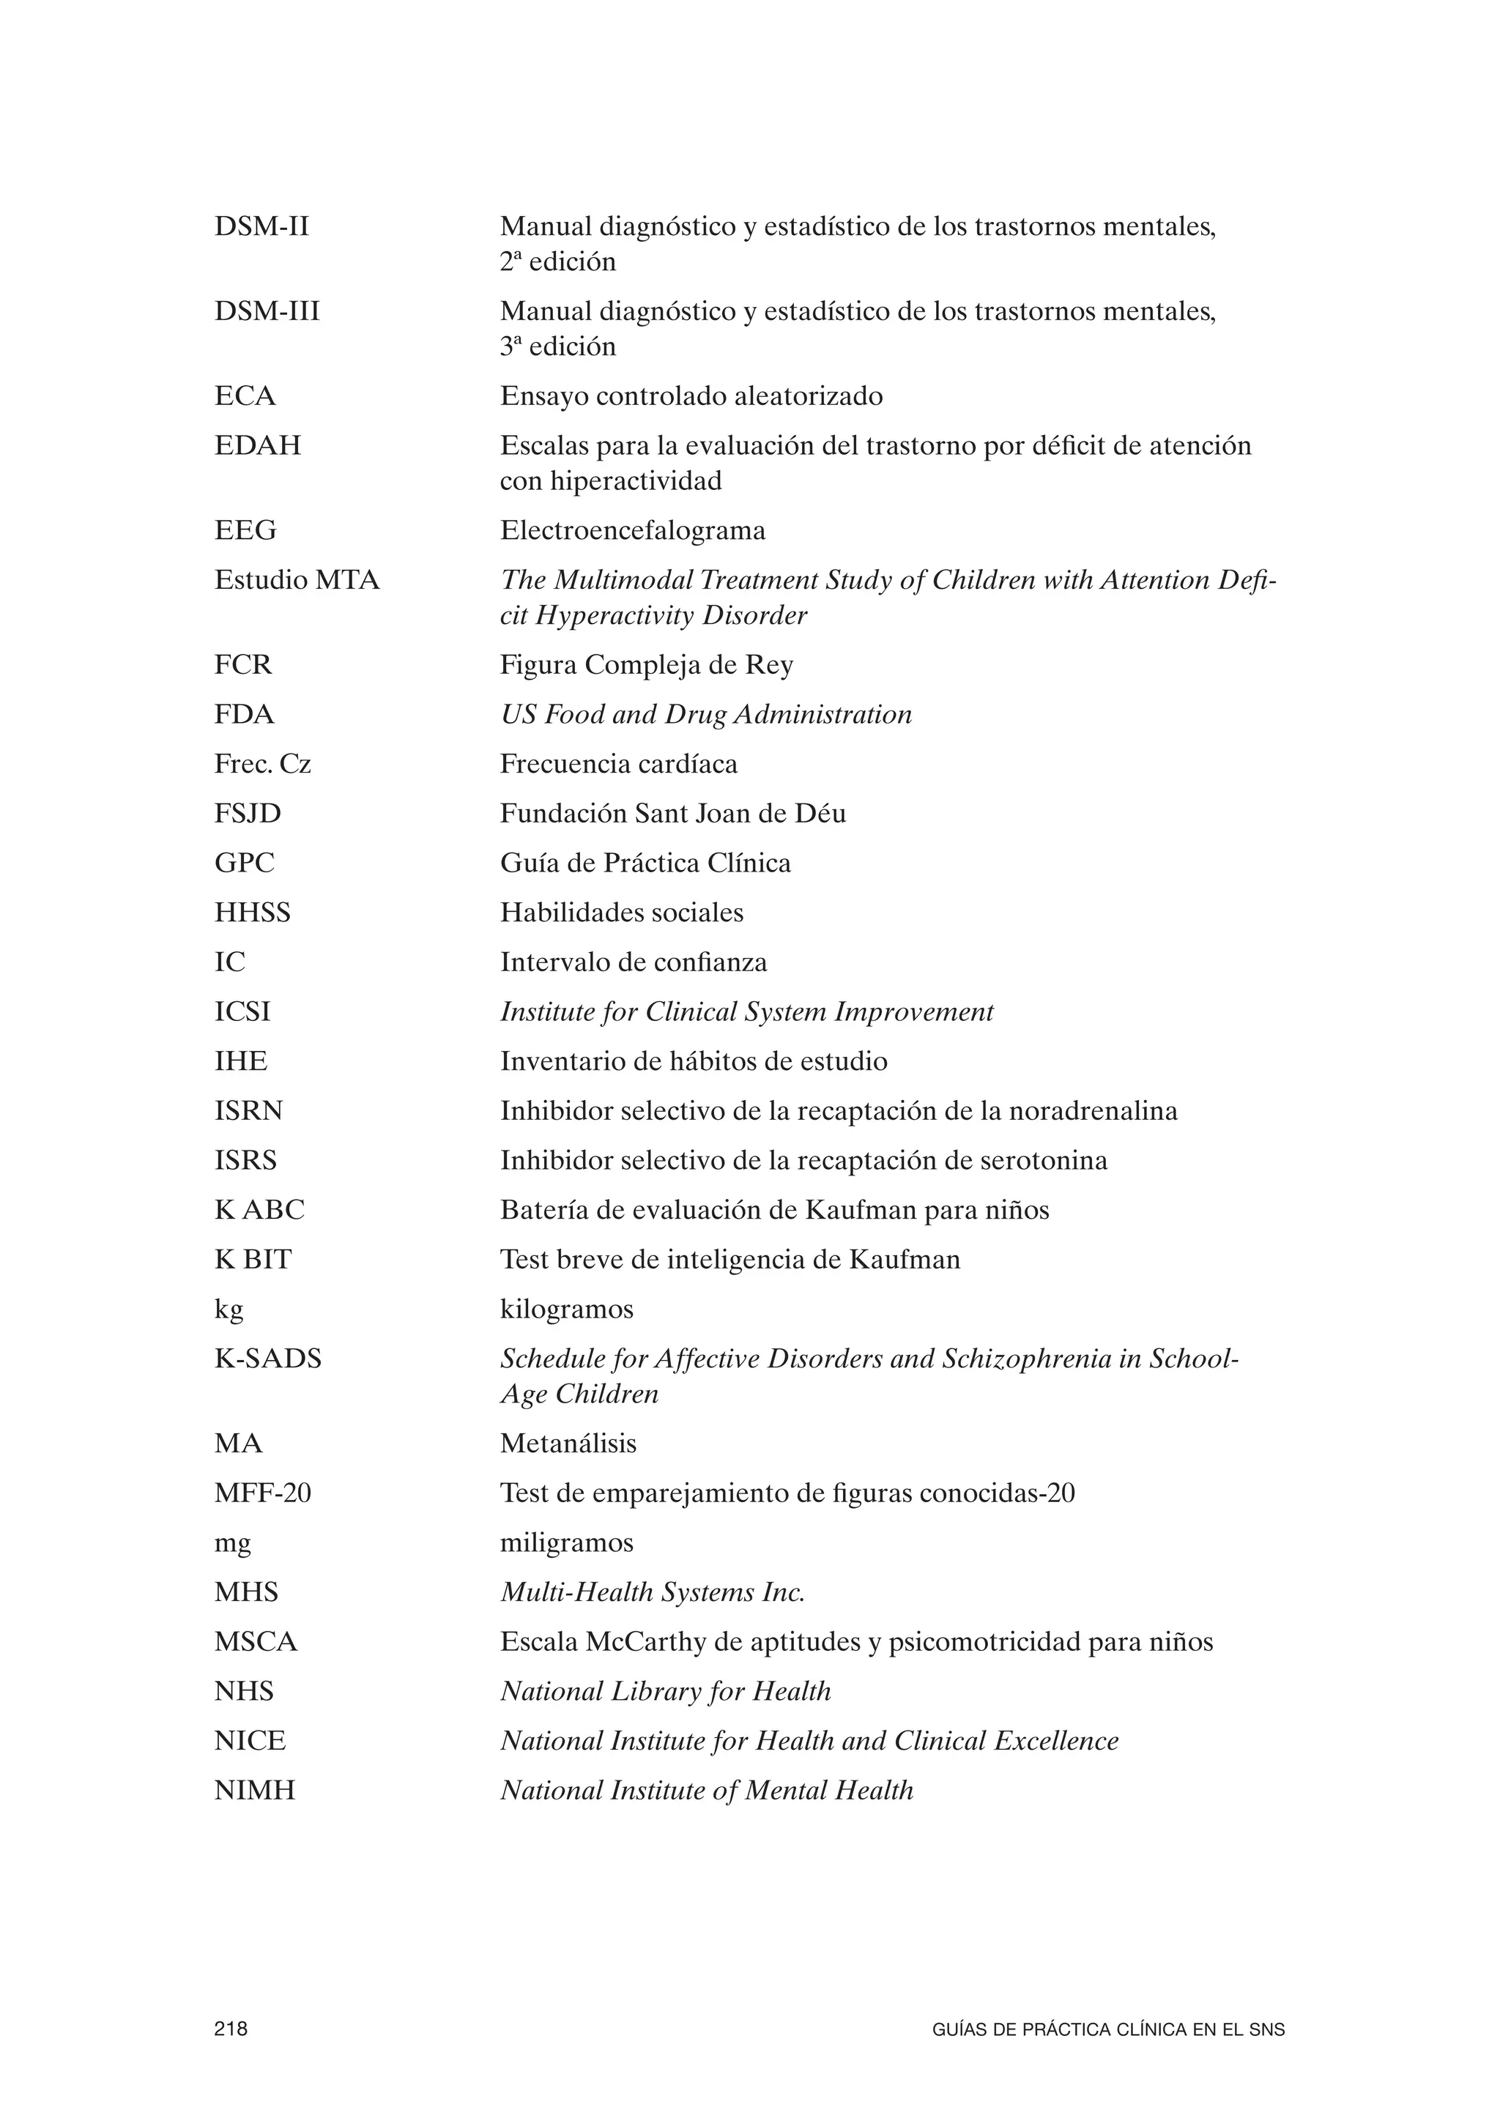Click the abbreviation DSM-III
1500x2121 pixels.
267,311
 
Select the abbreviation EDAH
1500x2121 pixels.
258,445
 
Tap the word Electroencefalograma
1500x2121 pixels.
633,530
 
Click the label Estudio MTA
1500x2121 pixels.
297,580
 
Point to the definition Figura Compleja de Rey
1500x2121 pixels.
647,665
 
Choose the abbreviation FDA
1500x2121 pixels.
244,714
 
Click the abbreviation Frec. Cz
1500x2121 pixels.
262,764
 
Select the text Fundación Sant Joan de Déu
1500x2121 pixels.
672,813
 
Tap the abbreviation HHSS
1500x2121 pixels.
252,913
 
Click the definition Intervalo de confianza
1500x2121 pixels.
634,962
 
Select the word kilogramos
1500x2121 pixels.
567,1309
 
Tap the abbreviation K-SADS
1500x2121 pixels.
268,1359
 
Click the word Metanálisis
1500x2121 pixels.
568,1443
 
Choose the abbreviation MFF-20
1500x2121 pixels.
262,1493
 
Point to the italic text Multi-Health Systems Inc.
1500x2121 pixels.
652,1591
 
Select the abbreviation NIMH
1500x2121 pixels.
255,1790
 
